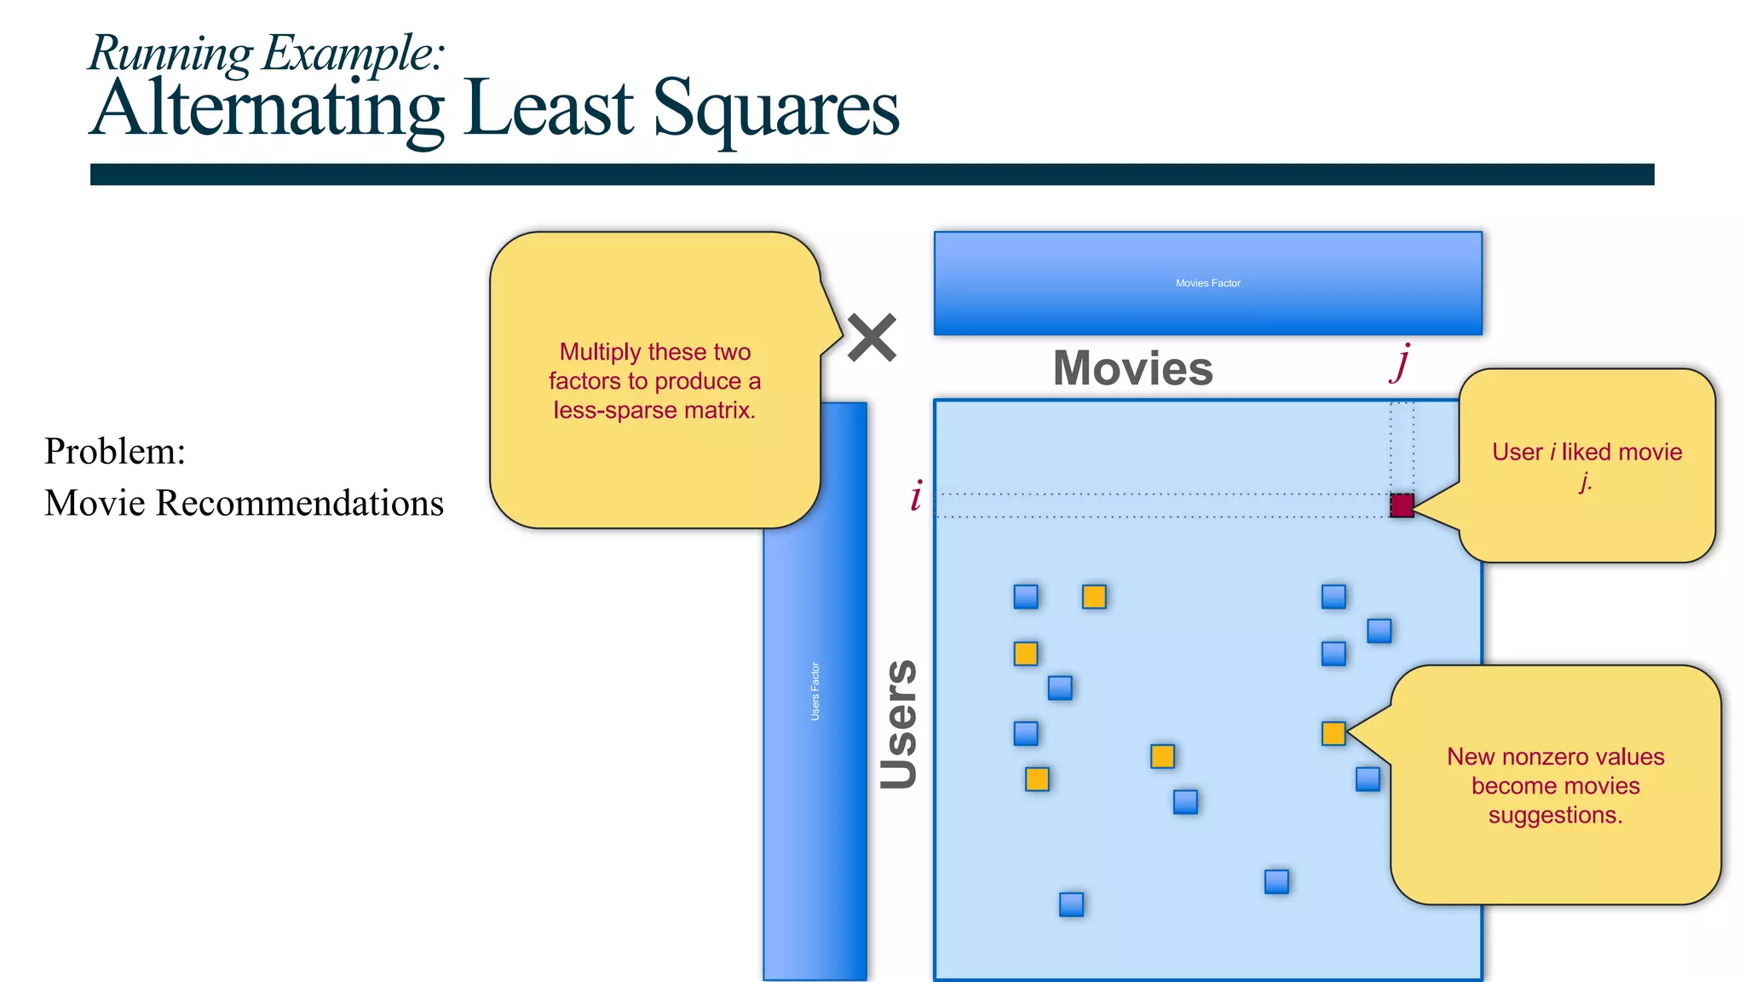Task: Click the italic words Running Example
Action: click(x=266, y=53)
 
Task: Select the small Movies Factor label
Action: click(x=1207, y=283)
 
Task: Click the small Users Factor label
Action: click(x=815, y=691)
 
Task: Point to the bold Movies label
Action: click(x=1132, y=368)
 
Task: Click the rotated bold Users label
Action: click(x=899, y=724)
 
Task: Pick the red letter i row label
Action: click(x=916, y=496)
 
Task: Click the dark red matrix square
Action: click(x=1402, y=505)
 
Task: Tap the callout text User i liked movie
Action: click(x=1587, y=453)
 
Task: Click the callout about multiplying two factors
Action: click(x=654, y=381)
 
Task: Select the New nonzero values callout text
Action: click(x=1555, y=785)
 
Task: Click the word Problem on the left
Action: click(x=115, y=451)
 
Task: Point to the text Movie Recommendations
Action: click(x=244, y=503)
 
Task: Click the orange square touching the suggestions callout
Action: click(x=1333, y=733)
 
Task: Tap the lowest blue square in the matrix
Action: click(x=1071, y=904)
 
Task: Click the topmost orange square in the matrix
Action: click(x=1094, y=597)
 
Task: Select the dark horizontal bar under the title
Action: click(x=872, y=175)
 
